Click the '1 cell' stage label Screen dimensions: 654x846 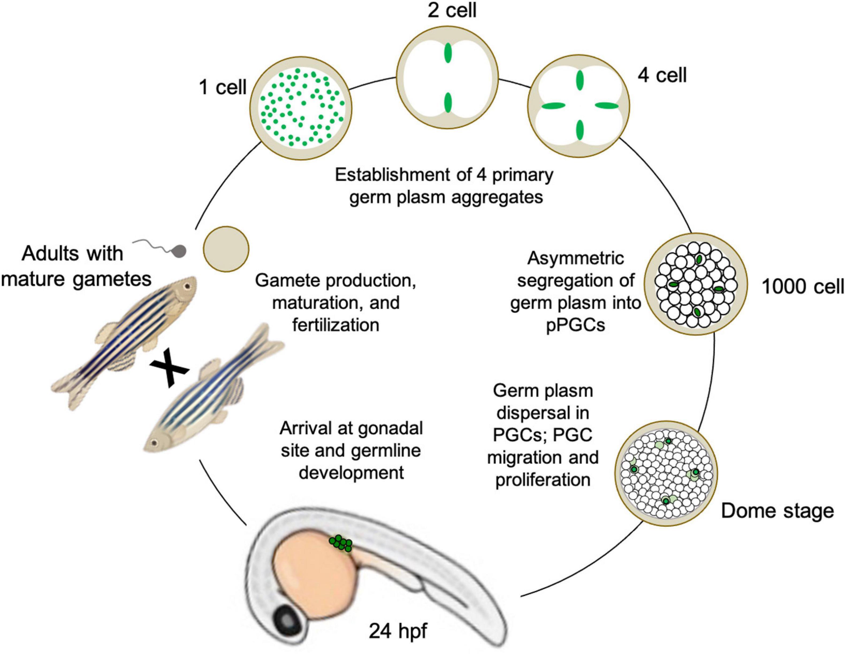coord(223,87)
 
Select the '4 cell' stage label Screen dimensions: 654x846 coord(662,75)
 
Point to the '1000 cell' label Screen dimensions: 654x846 coord(803,287)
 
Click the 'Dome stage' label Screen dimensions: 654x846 coord(777,511)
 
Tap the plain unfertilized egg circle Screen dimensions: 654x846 coord(226,249)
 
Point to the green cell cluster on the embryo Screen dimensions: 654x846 coord(341,543)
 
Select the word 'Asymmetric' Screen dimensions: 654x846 coord(576,258)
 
